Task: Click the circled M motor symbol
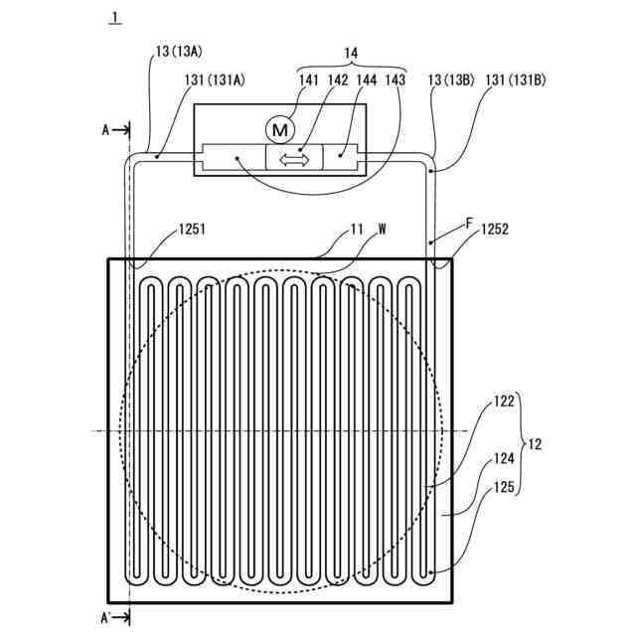click(x=279, y=127)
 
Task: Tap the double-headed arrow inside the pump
click(x=294, y=158)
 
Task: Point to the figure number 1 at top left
click(x=115, y=17)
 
